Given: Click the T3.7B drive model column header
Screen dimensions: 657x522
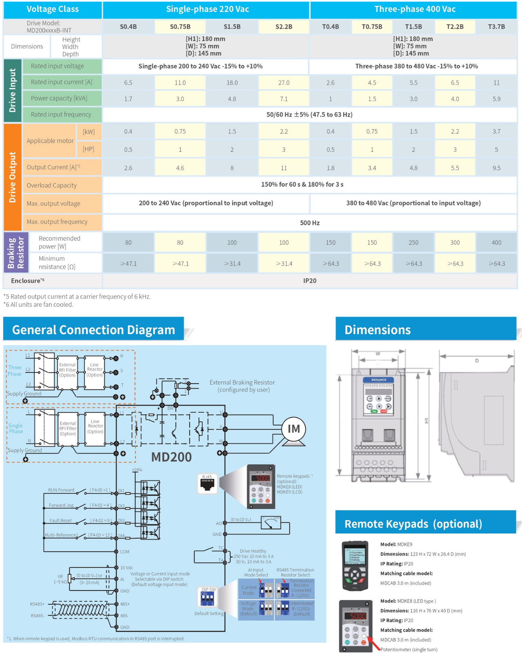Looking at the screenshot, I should [x=496, y=27].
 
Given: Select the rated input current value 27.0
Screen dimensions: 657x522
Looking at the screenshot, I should [x=284, y=82].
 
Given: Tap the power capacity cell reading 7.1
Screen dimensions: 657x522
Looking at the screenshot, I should [x=284, y=99].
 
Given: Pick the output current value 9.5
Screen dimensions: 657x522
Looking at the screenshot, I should [x=496, y=168].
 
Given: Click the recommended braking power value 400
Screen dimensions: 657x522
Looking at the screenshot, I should [x=496, y=242].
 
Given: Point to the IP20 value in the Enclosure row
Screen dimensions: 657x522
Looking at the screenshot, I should [x=310, y=281].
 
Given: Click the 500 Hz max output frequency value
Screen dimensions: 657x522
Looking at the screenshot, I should [x=310, y=223].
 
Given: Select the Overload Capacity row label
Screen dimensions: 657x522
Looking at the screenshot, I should [x=52, y=185].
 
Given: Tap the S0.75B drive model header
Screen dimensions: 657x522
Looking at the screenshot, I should [x=180, y=27].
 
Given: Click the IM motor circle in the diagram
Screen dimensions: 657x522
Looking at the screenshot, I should [x=294, y=429].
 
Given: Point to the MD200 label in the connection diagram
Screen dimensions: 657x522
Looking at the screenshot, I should [x=171, y=457].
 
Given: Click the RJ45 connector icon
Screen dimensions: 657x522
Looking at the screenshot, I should [x=208, y=484].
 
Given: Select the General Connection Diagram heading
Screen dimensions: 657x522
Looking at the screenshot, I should [x=93, y=330].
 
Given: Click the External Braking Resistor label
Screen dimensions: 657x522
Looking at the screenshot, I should [x=242, y=386].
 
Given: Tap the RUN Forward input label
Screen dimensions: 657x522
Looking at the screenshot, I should [x=61, y=490].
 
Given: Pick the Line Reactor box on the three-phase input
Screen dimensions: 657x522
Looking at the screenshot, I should [x=95, y=370].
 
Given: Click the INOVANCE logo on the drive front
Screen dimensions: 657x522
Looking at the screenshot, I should [x=378, y=380].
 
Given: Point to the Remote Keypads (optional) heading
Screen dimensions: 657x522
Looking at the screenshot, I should [x=413, y=524].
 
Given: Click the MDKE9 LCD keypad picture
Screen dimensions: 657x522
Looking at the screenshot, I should [x=355, y=566].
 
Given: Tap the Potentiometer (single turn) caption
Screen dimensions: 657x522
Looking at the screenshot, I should [x=409, y=649].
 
